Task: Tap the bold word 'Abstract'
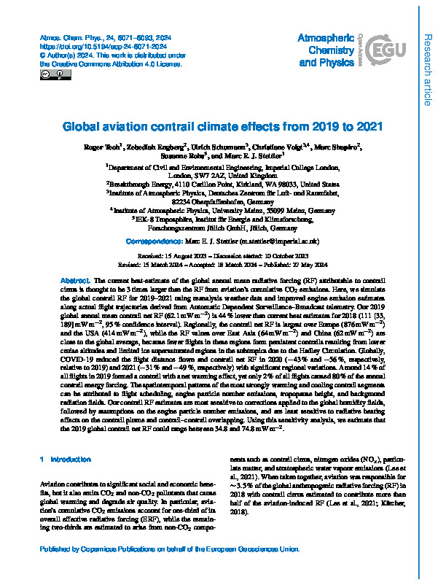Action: (75, 281)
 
